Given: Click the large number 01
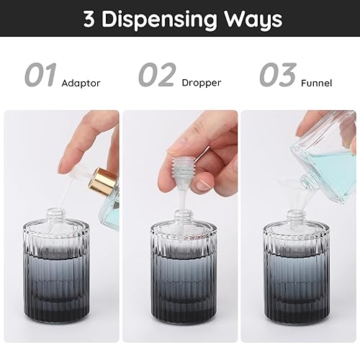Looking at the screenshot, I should point(40,76).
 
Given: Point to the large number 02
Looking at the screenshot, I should point(157,76).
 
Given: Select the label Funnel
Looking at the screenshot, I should point(318,83).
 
